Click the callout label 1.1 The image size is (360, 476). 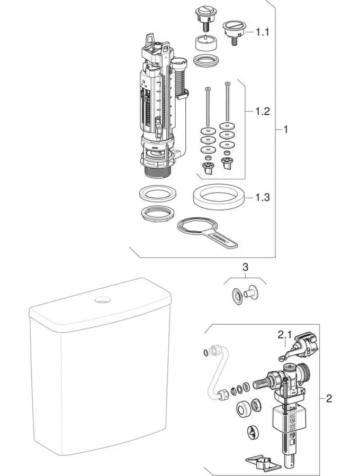(263, 32)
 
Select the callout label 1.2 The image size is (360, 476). (263, 112)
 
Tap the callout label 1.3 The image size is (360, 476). (263, 197)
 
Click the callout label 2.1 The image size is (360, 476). (285, 335)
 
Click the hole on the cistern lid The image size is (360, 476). (101, 300)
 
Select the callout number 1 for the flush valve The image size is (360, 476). (286, 129)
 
